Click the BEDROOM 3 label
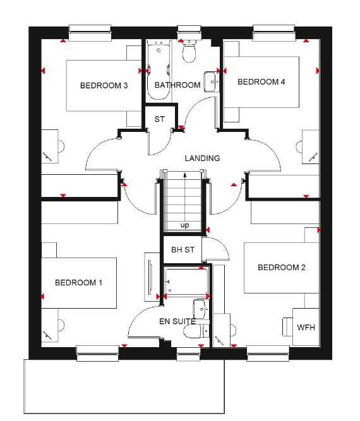104,85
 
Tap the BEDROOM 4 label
261,81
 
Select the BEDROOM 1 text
78,283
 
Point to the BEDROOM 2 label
282,268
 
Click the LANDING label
202,158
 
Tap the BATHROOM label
177,85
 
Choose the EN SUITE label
177,321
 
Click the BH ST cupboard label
183,250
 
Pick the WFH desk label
306,328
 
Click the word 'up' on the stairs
184,225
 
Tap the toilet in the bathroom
189,51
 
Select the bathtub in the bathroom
159,70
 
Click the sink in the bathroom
212,81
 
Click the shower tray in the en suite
186,282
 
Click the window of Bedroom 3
90,33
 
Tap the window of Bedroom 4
274,33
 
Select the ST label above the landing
160,119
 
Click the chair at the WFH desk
287,326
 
